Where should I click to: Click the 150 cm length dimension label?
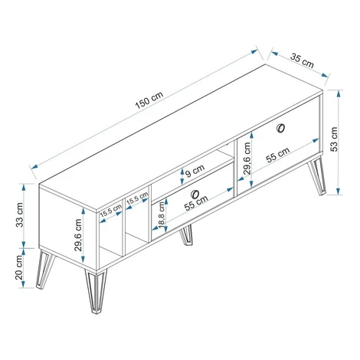(x=149, y=100)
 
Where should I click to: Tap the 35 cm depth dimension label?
(x=302, y=61)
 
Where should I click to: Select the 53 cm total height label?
(x=334, y=139)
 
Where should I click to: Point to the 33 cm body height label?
(x=20, y=214)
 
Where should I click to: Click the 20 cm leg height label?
(x=19, y=267)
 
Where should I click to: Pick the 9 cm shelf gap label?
(x=195, y=171)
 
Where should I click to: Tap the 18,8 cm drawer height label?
(x=162, y=214)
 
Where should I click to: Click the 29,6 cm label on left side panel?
(x=78, y=235)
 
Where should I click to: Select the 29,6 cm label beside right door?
(x=247, y=159)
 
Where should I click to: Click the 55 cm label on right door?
(x=278, y=155)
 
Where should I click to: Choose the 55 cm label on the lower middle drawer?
(x=196, y=203)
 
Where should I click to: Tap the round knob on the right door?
(x=281, y=128)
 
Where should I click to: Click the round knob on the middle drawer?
(x=195, y=195)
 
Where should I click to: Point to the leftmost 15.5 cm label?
(x=111, y=211)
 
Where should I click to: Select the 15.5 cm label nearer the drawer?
(x=137, y=198)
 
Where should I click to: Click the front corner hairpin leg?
(x=96, y=291)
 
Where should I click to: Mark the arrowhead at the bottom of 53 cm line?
(x=339, y=191)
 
